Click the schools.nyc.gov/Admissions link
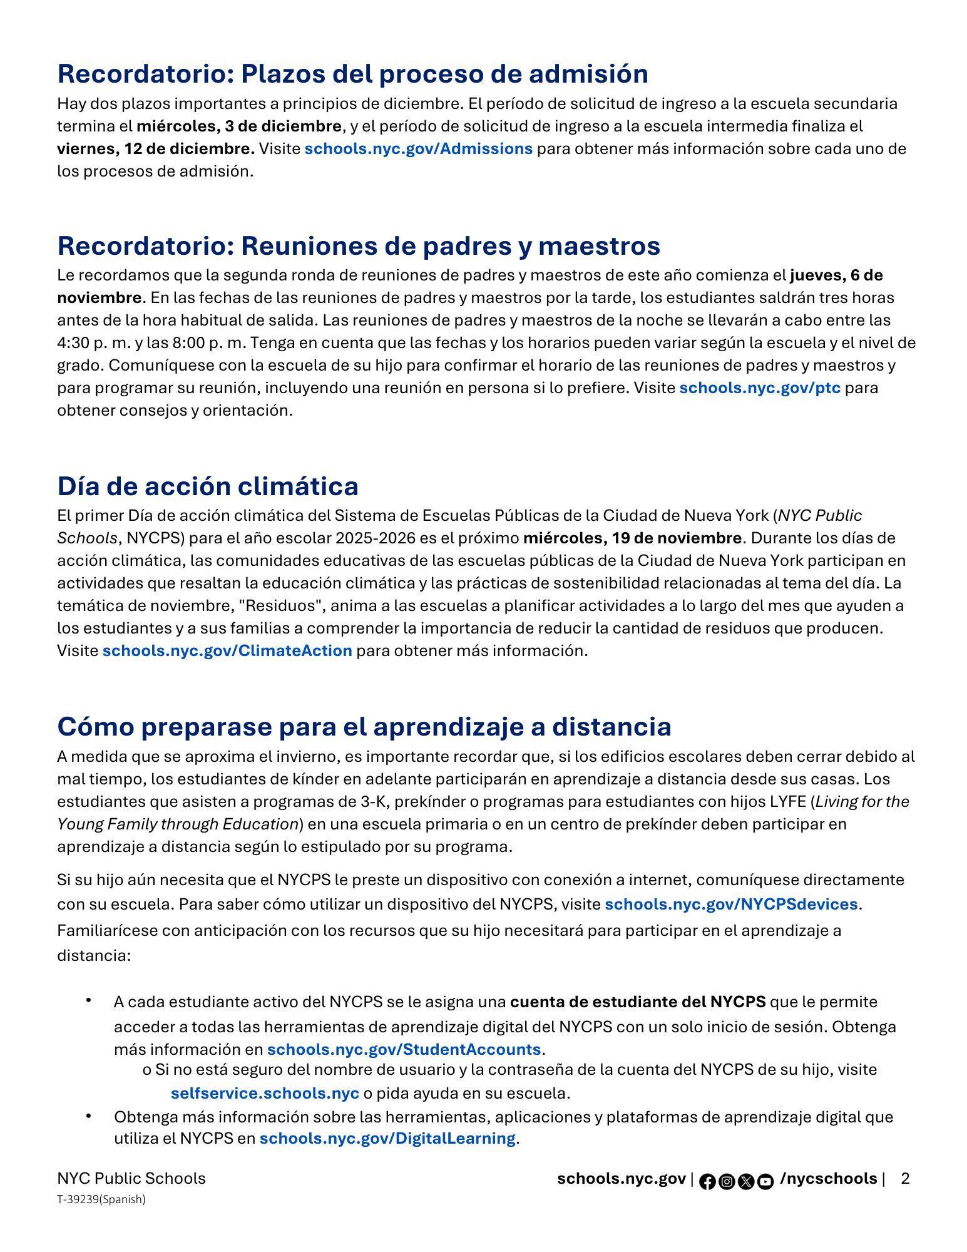[418, 149]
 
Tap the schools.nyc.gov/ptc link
[759, 388]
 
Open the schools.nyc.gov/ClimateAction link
[227, 651]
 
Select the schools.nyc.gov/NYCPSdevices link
[730, 905]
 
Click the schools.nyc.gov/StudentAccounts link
[404, 1049]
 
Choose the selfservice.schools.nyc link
[265, 1094]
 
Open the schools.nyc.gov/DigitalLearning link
[387, 1138]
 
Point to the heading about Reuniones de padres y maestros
[359, 246]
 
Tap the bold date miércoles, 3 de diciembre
[239, 126]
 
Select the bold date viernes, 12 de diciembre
[155, 149]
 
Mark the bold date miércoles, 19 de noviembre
[632, 538]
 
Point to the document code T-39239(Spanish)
[101, 1199]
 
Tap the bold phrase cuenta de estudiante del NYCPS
[638, 1002]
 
